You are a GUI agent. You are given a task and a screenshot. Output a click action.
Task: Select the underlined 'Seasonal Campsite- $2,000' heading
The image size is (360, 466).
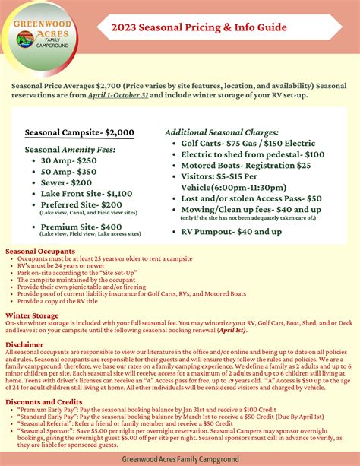coord(80,132)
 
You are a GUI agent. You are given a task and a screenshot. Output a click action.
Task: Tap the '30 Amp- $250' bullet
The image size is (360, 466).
coord(69,161)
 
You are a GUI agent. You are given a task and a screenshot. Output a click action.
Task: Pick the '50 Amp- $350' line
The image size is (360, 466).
coord(69,173)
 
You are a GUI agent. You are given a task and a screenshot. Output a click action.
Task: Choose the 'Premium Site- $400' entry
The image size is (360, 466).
coord(81,227)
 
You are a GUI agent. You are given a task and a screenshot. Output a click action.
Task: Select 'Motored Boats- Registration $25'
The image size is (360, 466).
coord(246,165)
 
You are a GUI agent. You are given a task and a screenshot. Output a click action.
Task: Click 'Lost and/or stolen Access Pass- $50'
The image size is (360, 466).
coord(251,198)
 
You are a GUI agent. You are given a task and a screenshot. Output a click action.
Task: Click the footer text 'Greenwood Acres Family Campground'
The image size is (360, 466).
coord(180,459)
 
